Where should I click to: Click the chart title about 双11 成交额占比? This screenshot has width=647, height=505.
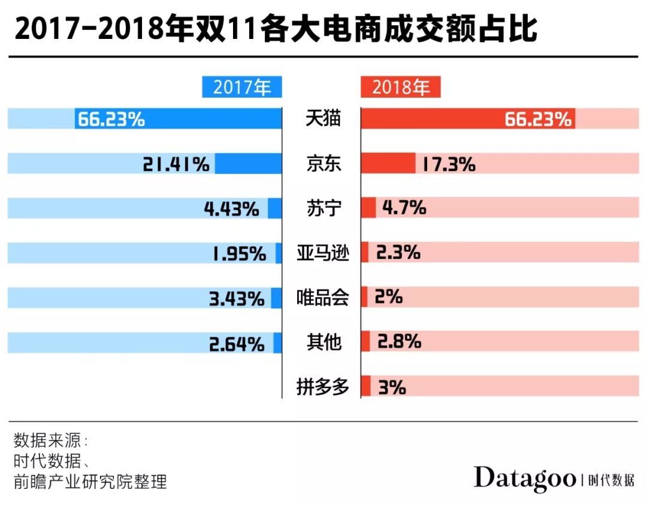[276, 28]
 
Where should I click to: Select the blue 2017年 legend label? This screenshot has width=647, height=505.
[242, 87]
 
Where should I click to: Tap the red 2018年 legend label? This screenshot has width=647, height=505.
[401, 87]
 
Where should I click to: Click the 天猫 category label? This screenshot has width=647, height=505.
[322, 119]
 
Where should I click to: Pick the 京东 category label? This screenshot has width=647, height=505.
[322, 164]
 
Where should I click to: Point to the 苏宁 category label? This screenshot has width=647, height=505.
[322, 208]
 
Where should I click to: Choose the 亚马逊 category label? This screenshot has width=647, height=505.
[322, 253]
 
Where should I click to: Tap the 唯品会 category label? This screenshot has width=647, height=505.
[322, 297]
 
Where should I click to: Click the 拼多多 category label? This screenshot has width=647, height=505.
[322, 387]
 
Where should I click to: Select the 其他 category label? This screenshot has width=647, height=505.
[322, 342]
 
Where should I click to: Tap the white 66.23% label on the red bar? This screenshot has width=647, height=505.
[537, 119]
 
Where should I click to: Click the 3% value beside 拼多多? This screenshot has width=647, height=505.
[392, 388]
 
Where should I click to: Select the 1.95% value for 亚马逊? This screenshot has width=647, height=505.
[238, 253]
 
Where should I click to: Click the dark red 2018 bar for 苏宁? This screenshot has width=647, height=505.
[368, 208]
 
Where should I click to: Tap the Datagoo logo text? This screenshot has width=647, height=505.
[525, 478]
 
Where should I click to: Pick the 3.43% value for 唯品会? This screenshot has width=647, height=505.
[237, 298]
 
